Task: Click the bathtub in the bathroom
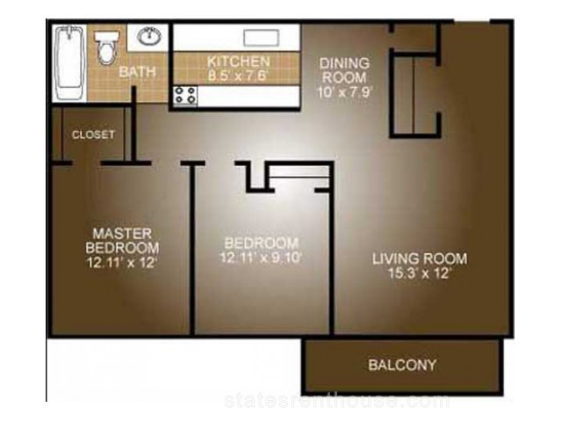[69, 62]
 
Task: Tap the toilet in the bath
[106, 47]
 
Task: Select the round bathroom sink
[149, 36]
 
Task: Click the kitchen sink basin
[262, 38]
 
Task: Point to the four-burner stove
[185, 96]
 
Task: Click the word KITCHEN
[238, 62]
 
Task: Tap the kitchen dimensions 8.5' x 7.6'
[238, 76]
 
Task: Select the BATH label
[138, 72]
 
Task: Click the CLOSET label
[93, 135]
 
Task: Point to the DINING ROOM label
[344, 70]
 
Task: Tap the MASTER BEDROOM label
[122, 241]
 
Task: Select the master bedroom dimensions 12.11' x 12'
[122, 262]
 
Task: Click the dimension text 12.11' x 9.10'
[261, 258]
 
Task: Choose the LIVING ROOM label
[420, 258]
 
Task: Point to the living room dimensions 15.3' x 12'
[420, 273]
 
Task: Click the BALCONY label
[402, 365]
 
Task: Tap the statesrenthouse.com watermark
[337, 401]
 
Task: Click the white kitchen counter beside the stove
[249, 96]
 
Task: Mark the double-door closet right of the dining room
[414, 96]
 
